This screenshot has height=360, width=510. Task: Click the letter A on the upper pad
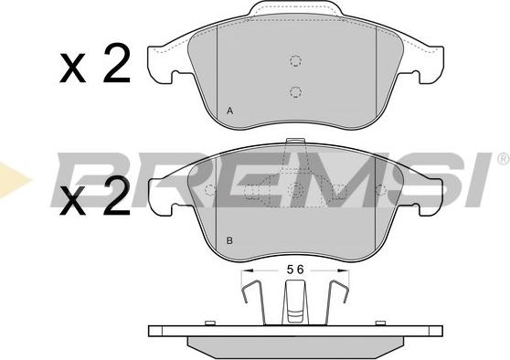(230, 111)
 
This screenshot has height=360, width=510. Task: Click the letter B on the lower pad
(229, 241)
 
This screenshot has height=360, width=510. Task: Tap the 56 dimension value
(295, 270)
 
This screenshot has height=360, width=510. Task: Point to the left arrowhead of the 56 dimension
(248, 270)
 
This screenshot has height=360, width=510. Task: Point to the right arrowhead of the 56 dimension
(343, 270)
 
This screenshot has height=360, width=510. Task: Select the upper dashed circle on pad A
(295, 60)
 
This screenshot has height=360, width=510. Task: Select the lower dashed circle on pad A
(295, 91)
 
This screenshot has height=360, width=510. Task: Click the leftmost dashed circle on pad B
(210, 190)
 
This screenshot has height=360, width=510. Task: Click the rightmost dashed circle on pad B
(381, 190)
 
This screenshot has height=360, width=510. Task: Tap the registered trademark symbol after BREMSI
(504, 159)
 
